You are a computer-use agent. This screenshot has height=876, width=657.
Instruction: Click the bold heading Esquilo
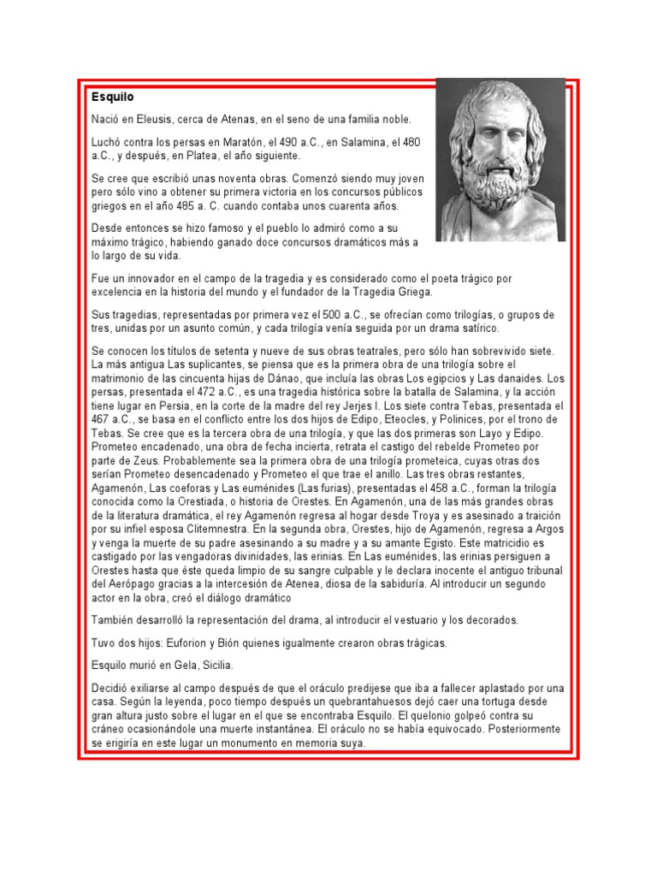coord(112,98)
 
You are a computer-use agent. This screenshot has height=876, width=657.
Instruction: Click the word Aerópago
coord(132,584)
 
